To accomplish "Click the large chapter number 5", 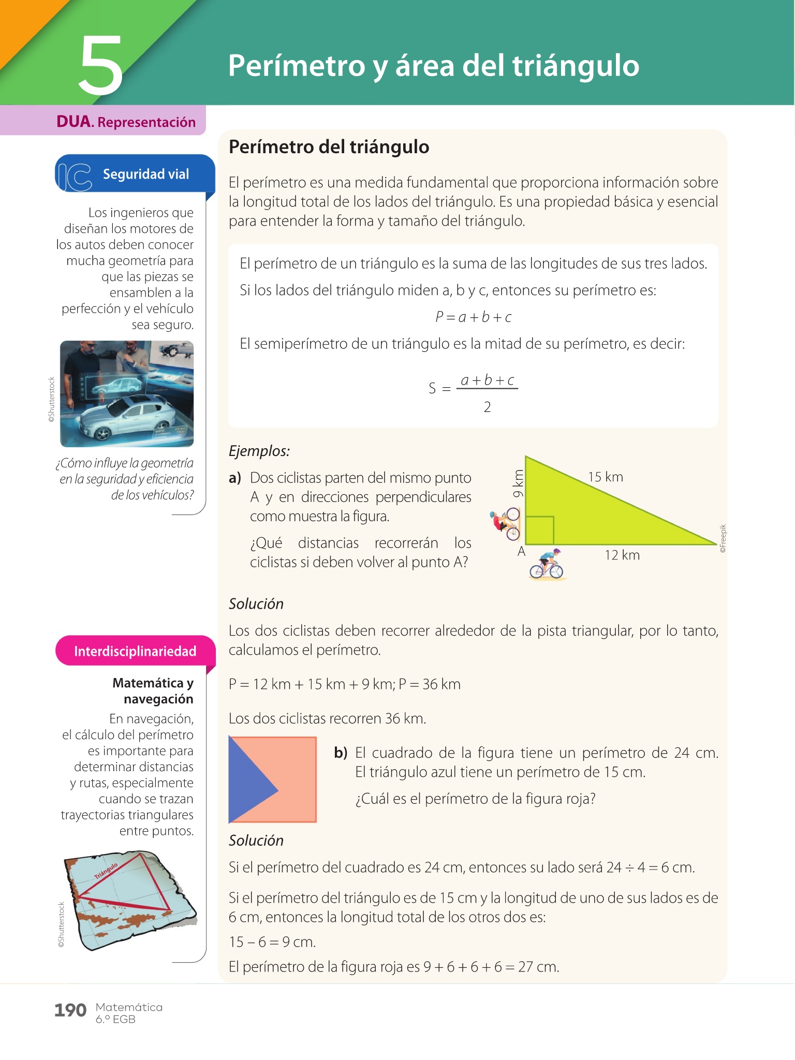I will point(101,66).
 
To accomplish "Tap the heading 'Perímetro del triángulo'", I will point(329,147).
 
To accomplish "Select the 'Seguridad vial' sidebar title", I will point(146,174).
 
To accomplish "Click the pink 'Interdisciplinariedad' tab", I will point(135,651).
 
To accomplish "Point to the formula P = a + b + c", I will point(473,317).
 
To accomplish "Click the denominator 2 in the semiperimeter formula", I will point(487,407).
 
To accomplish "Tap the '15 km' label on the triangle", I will point(605,477).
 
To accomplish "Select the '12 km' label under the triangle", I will point(622,555).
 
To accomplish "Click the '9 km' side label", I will point(518,483).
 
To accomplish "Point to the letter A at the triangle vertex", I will point(521,552).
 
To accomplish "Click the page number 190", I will point(70,1010).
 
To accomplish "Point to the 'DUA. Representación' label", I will point(126,122).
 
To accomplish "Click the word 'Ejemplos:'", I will point(259,451).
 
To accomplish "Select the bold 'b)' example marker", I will point(341,753).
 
